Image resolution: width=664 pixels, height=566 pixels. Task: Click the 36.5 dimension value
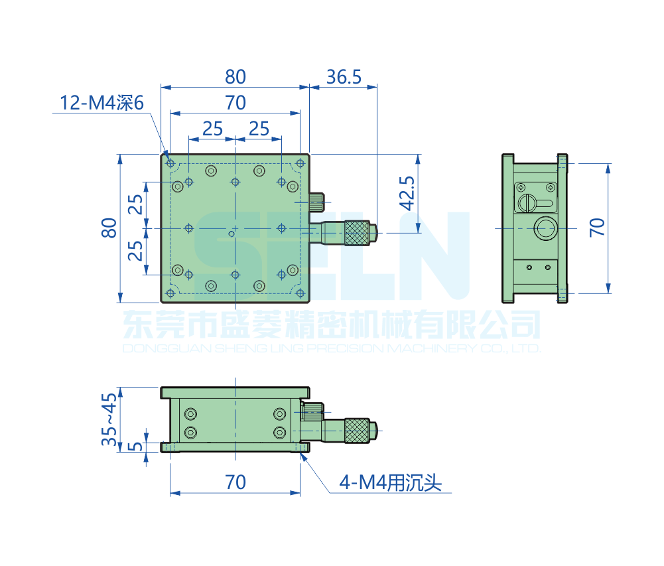344,77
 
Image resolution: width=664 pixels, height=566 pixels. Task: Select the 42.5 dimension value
407,194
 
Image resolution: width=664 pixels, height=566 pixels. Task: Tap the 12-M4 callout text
101,103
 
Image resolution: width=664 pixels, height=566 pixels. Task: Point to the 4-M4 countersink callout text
390,482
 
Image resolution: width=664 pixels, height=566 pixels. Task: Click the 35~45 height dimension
109,419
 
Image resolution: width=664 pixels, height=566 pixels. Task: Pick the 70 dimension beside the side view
597,228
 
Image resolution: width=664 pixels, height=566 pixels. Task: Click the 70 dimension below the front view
235,482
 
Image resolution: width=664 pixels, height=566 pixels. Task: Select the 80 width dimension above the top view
235,77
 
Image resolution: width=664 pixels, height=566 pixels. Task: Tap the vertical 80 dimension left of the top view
109,228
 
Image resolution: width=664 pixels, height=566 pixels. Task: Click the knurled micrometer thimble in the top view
357,233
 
